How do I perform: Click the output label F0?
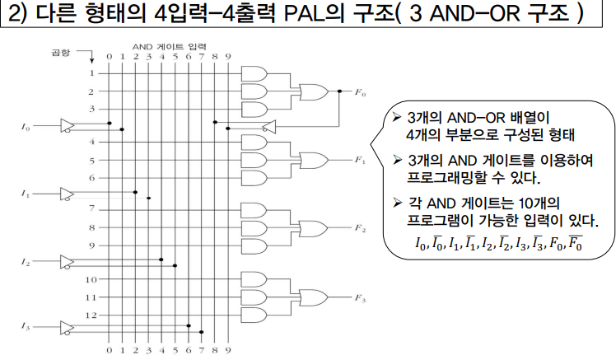coord(359,92)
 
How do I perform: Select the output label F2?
coord(359,227)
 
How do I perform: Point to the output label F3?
coord(359,297)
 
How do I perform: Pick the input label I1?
coord(26,194)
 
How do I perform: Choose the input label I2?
coord(26,261)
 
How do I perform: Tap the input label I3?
coord(26,328)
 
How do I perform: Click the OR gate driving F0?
coord(314,91)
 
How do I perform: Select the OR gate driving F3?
coord(314,297)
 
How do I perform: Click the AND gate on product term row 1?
coord(252,73)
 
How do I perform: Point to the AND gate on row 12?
coord(252,315)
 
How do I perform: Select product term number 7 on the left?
coord(91,208)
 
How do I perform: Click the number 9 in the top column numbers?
coord(227,57)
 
